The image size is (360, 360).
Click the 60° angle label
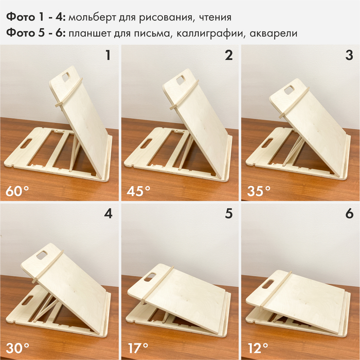pyautogui.click(x=17, y=191)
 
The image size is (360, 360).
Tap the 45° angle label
pyautogui.click(x=138, y=191)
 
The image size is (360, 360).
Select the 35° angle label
pyautogui.click(x=259, y=191)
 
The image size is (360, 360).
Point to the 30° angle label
pyautogui.click(x=17, y=348)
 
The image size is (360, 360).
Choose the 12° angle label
pyautogui.click(x=258, y=348)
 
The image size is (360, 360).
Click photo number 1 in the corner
pyautogui.click(x=108, y=56)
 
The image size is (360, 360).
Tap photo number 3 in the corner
pyautogui.click(x=349, y=56)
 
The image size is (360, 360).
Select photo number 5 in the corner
pyautogui.click(x=229, y=213)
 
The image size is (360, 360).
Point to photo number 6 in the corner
pyautogui.click(x=349, y=213)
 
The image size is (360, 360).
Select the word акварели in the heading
pyautogui.click(x=274, y=34)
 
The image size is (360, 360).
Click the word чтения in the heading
pyautogui.click(x=215, y=17)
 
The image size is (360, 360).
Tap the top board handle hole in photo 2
pyautogui.click(x=181, y=80)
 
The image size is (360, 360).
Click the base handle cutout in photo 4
pyautogui.click(x=28, y=300)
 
